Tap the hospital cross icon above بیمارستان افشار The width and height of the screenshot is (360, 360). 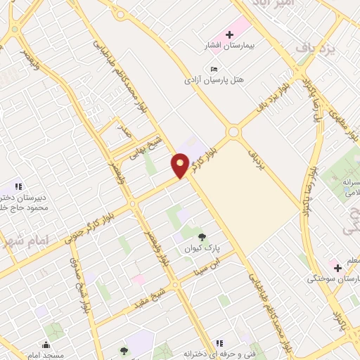229,34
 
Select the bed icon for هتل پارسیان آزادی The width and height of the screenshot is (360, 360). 214,68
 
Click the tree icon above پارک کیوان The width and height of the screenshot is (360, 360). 202,238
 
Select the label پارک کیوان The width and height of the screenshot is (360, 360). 202,250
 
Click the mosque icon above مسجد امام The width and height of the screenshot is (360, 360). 46,345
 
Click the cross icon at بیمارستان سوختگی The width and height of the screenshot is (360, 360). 337,267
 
